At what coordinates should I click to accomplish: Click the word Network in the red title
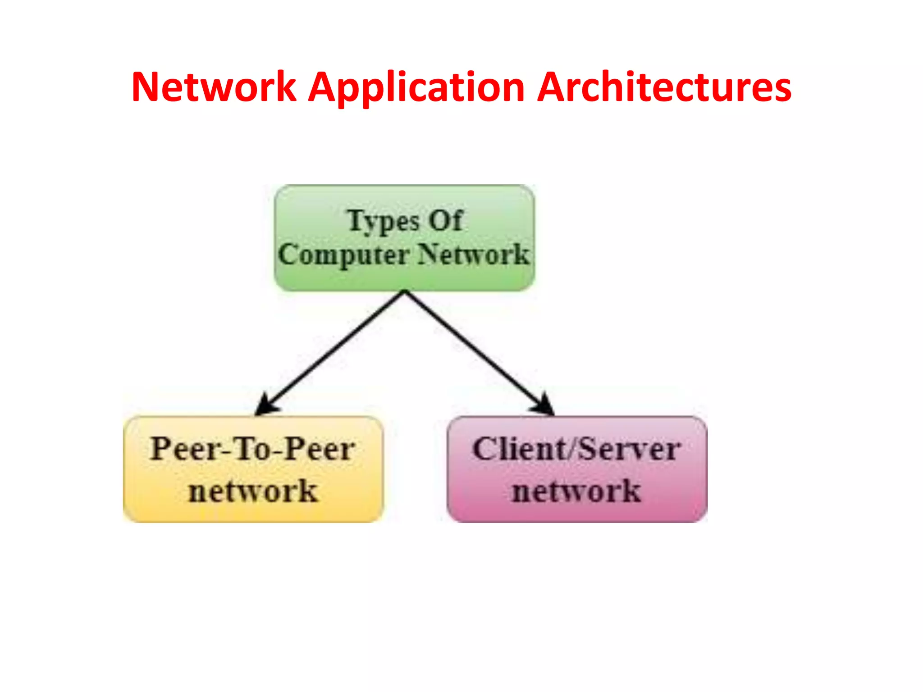pos(214,87)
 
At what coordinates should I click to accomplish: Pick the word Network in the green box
pos(473,255)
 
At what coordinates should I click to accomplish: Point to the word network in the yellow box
pos(253,491)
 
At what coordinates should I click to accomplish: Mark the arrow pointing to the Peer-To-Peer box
pos(334,349)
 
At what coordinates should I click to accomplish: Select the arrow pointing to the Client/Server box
pos(475,349)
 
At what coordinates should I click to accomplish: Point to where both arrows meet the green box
pos(405,292)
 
